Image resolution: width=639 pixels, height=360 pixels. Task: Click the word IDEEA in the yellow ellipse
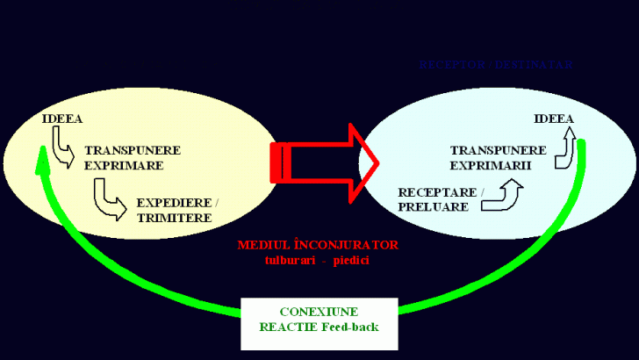62,119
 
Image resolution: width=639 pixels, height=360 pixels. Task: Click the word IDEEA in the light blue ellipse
554,119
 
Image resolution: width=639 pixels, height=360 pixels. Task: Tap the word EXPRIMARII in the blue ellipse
486,164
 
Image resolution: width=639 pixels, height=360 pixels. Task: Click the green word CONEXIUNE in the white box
319,312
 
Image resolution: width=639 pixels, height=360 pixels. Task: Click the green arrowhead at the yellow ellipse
39,158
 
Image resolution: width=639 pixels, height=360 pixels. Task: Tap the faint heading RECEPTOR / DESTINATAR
496,64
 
